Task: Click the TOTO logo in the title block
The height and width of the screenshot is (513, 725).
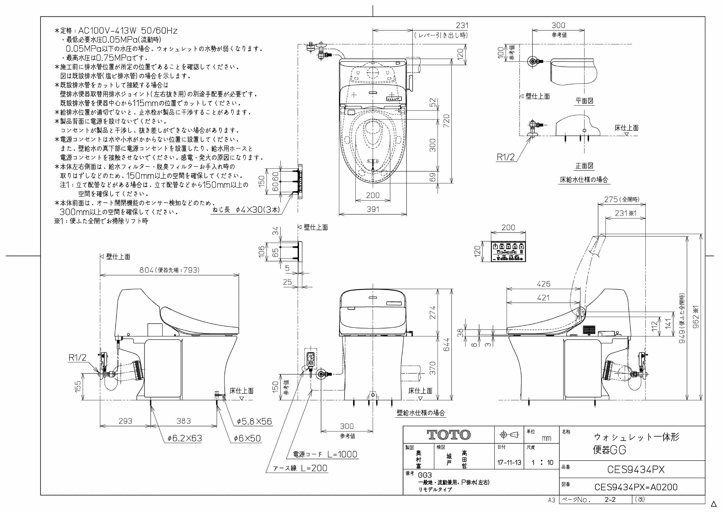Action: click(x=449, y=435)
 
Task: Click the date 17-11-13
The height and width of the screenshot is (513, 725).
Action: click(x=509, y=462)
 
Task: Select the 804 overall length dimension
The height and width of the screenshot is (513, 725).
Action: click(x=147, y=270)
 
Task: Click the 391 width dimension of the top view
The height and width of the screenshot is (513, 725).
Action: click(x=373, y=209)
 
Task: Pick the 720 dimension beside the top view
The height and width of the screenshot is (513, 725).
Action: click(x=446, y=121)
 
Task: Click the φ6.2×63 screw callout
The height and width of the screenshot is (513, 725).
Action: click(x=185, y=438)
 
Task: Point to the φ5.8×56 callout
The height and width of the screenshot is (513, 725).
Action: click(x=255, y=421)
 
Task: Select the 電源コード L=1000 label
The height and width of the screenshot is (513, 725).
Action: click(x=325, y=454)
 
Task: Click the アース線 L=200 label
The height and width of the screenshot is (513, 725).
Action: click(x=300, y=468)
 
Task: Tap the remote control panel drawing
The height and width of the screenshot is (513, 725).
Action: click(x=508, y=252)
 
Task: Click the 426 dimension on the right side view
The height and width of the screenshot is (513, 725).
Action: click(x=544, y=284)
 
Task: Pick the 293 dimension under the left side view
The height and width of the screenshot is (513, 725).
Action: click(x=125, y=421)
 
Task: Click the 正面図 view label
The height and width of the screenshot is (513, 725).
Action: click(x=584, y=166)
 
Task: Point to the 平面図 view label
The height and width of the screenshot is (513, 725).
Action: click(x=584, y=101)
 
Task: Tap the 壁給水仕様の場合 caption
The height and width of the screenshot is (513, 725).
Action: click(x=421, y=412)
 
